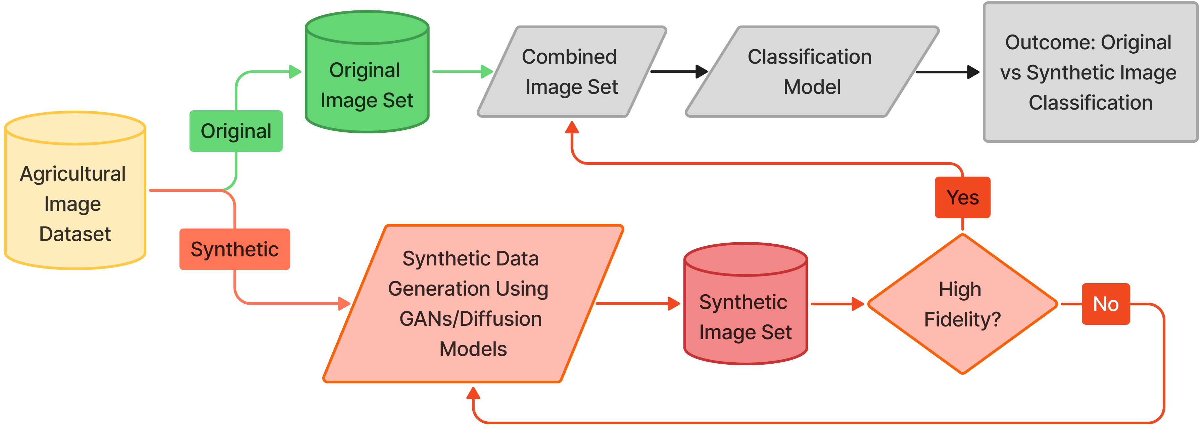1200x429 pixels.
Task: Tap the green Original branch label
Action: pyautogui.click(x=236, y=131)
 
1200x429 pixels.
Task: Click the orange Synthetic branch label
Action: pyautogui.click(x=234, y=249)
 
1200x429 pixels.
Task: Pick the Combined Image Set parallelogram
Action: pyautogui.click(x=571, y=72)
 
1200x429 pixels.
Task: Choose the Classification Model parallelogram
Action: pyautogui.click(x=811, y=72)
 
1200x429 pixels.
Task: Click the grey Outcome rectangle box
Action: pyautogui.click(x=1090, y=72)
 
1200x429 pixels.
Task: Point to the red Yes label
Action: pyautogui.click(x=962, y=197)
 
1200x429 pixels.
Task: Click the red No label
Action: pyautogui.click(x=1105, y=304)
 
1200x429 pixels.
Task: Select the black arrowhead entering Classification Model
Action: pyautogui.click(x=702, y=72)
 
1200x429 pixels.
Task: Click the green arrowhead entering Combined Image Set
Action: pyautogui.click(x=486, y=72)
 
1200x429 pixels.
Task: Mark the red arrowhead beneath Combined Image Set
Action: pyautogui.click(x=572, y=127)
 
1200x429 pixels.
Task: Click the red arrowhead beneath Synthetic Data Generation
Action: pyautogui.click(x=473, y=393)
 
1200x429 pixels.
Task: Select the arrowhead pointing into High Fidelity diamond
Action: pyautogui.click(x=858, y=304)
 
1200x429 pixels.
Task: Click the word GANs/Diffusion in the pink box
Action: pyautogui.click(x=471, y=319)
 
